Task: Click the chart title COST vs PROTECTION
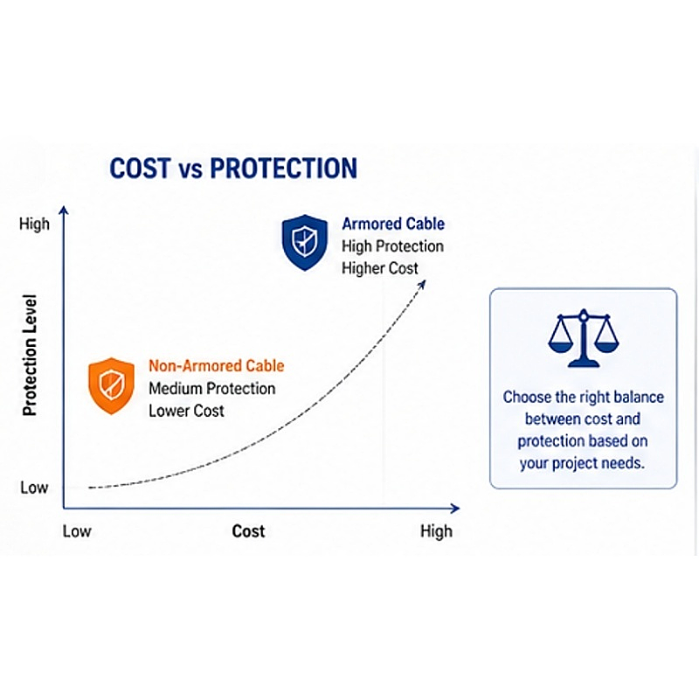tap(233, 169)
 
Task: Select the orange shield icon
tap(111, 384)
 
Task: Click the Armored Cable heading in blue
tap(392, 224)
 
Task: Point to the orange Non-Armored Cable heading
tap(216, 366)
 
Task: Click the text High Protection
tap(392, 246)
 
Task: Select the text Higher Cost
tap(380, 268)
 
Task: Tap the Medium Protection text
tap(211, 388)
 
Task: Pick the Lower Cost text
tap(186, 410)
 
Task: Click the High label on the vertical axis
tap(35, 225)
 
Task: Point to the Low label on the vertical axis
tap(34, 488)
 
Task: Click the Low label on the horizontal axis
tap(77, 531)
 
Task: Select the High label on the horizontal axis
tap(436, 531)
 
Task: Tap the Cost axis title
tap(248, 531)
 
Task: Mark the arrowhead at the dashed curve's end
tap(422, 285)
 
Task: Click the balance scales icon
tap(582, 338)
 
